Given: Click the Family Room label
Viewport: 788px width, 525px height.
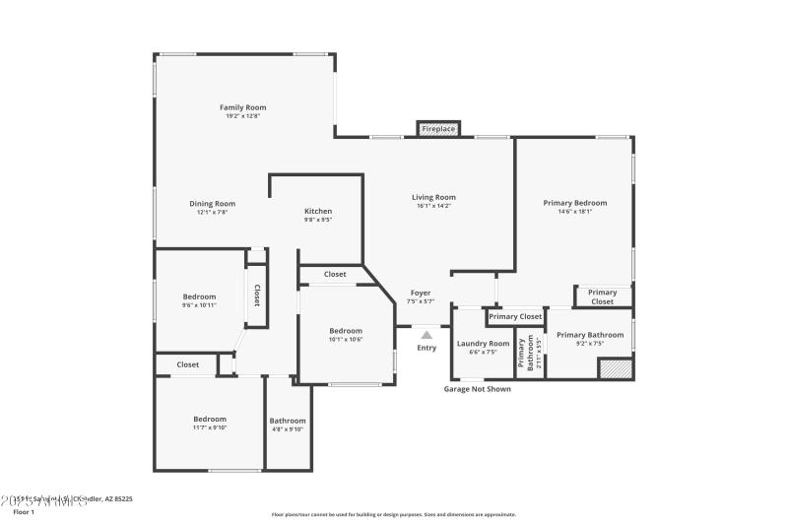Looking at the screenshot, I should [242, 107].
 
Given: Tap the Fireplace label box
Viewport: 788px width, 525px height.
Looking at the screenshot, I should [438, 129].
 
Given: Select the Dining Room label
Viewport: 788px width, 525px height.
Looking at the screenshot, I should [212, 204].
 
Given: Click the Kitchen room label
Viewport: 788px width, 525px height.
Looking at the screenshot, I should [317, 211].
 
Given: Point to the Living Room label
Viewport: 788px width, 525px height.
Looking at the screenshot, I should [433, 197].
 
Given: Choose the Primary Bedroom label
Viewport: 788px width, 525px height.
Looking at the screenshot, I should [574, 203].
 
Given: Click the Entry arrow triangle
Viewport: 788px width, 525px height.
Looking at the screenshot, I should [427, 335].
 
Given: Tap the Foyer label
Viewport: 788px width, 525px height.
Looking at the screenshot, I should [421, 293].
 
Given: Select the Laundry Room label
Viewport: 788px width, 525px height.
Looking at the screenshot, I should [483, 344].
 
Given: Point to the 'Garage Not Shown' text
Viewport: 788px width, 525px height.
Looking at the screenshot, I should [477, 389].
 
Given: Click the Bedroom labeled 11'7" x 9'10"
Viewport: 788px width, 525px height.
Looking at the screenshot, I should [209, 419].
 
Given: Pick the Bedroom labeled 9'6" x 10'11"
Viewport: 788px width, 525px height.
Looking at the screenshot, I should [199, 296].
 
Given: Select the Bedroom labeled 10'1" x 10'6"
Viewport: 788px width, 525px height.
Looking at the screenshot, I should [346, 331].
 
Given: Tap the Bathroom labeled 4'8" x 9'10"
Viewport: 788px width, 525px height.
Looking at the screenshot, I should [288, 421].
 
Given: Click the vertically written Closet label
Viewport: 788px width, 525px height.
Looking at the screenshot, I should [257, 295].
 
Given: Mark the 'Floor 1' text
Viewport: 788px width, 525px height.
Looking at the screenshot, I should [23, 512].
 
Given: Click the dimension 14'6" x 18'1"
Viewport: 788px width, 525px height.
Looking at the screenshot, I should [574, 212].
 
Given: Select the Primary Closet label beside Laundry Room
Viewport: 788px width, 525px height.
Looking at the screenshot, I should [515, 316].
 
